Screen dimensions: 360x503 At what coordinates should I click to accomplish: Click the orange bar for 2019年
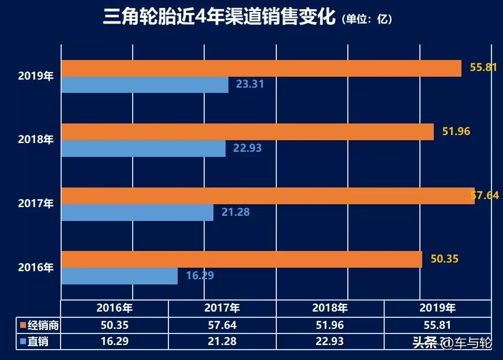261,68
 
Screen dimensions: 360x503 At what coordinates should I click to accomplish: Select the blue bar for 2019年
144,85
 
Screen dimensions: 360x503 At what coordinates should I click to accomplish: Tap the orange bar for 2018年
247,132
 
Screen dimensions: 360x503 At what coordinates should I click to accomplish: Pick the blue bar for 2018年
143,148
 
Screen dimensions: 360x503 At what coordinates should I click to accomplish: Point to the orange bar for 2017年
267,196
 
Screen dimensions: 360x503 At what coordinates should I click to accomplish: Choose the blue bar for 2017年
137,212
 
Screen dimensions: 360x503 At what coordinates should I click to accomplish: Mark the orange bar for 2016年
241,259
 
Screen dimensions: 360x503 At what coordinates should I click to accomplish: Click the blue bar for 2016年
119,276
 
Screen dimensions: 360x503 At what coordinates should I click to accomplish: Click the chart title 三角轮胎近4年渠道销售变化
219,18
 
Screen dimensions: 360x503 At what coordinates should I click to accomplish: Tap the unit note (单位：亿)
367,20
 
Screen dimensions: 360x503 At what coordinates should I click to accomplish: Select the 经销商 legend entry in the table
35,325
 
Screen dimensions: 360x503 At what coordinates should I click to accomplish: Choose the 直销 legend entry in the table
35,342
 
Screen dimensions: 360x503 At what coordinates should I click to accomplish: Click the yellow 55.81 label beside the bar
483,67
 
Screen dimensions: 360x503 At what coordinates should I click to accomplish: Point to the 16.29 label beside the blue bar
200,276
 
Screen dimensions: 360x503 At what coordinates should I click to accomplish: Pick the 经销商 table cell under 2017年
222,325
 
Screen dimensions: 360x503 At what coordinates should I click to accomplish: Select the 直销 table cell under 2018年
330,342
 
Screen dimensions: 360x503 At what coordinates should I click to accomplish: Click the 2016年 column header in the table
114,308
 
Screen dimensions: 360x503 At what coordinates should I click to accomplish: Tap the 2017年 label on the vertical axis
36,204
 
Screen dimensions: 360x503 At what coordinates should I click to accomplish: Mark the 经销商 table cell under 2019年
437,325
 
